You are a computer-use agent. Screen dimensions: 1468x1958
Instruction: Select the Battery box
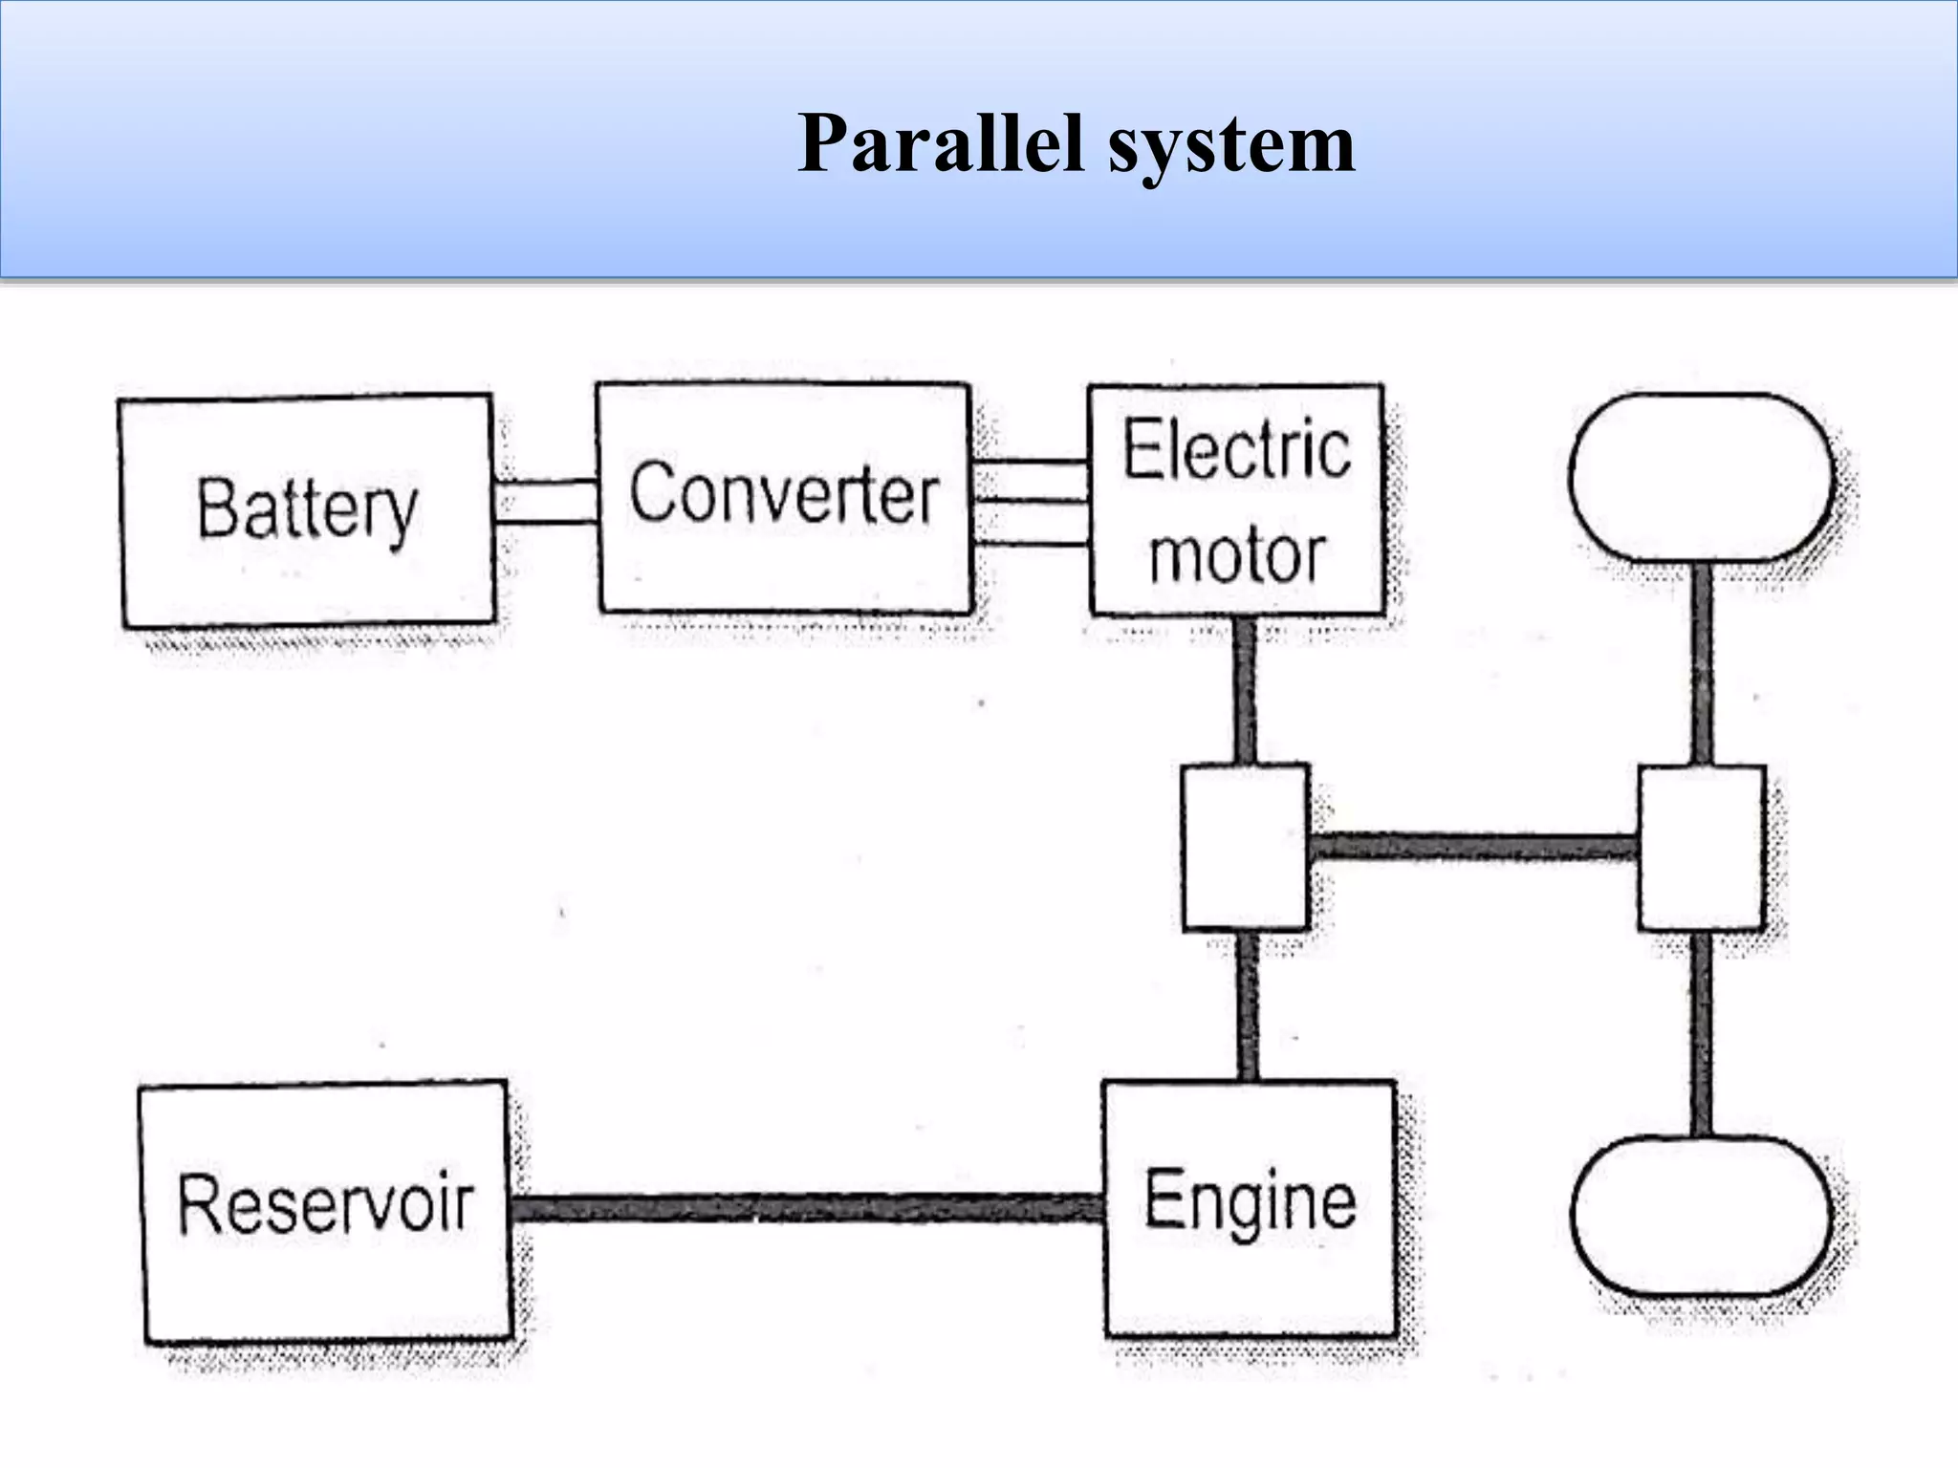coord(307,511)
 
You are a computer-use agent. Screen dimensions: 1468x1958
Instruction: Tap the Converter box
coord(784,498)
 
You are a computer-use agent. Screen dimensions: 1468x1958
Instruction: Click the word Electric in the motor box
coord(1236,450)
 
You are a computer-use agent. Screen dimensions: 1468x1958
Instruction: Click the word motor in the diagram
coord(1236,555)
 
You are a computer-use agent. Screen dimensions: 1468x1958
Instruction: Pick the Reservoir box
coord(325,1208)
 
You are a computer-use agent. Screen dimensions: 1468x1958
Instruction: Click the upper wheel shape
coord(1701,478)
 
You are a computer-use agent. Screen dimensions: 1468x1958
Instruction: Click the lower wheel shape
coord(1701,1216)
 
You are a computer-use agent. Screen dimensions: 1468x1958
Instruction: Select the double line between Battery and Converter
coord(546,502)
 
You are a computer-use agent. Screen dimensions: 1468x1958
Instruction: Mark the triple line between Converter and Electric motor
coord(1031,502)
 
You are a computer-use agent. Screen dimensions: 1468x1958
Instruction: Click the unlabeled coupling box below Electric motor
coord(1245,847)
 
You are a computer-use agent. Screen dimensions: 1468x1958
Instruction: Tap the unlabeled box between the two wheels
coord(1701,847)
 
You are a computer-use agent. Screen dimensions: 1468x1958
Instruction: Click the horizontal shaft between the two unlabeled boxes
coord(1472,847)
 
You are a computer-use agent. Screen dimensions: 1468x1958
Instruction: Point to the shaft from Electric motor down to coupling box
coord(1245,689)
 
